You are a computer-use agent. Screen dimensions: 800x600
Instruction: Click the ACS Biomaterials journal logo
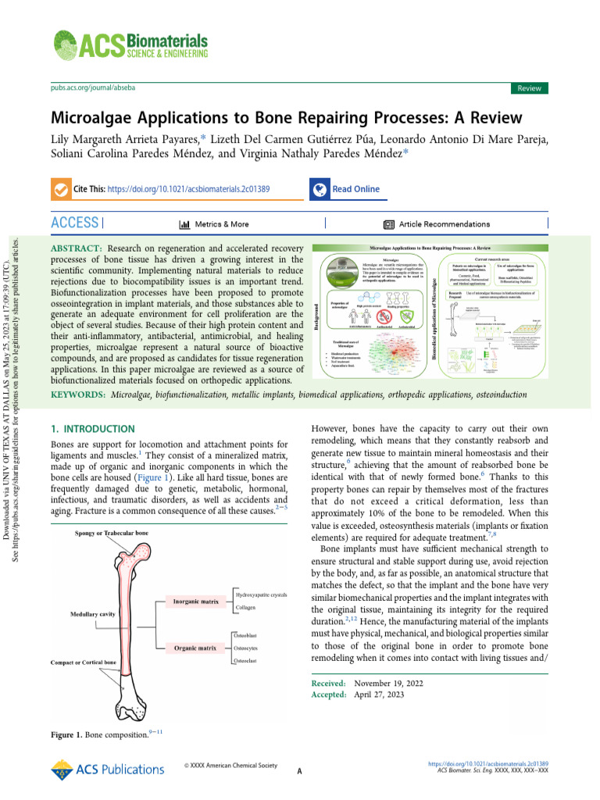tap(130, 45)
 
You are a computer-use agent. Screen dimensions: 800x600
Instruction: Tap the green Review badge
tap(529, 88)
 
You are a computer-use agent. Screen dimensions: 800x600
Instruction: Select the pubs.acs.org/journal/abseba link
tap(93, 88)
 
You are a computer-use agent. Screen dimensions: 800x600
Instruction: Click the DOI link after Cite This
tap(189, 189)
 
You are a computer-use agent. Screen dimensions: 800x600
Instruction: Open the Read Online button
tap(355, 189)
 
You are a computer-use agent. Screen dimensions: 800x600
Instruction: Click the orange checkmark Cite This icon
tap(59, 190)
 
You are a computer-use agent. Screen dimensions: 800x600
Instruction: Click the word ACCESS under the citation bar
tap(75, 223)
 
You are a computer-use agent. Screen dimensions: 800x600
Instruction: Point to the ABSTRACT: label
tap(77, 248)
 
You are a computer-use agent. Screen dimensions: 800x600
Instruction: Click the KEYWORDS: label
tap(78, 396)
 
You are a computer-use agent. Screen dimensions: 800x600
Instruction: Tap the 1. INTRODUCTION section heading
tap(92, 429)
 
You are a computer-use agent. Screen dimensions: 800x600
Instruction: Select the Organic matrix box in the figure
tap(195, 648)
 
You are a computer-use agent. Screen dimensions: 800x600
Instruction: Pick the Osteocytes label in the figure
tap(250, 648)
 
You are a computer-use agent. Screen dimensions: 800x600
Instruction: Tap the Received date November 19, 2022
tap(389, 683)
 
